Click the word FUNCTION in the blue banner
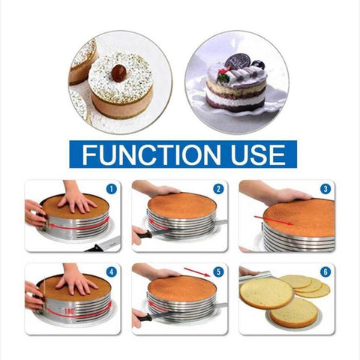[x=151, y=154]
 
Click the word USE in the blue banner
[x=258, y=154]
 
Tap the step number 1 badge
[x=112, y=189]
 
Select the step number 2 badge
[x=218, y=189]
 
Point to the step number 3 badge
[x=325, y=189]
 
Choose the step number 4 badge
[x=112, y=272]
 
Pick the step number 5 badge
[x=218, y=272]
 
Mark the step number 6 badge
[x=325, y=272]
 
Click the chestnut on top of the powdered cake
[x=119, y=73]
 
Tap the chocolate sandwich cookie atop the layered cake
[x=237, y=61]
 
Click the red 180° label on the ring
[x=69, y=311]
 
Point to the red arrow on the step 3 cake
[x=274, y=220]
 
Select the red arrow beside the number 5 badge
[x=197, y=272]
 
